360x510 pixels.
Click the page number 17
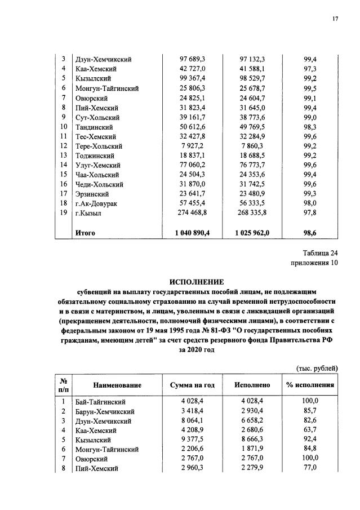pyautogui.click(x=335, y=19)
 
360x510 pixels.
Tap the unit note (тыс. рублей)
pyautogui.click(x=317, y=368)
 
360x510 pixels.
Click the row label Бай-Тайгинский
pyautogui.click(x=99, y=401)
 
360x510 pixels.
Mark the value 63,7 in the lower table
pyautogui.click(x=310, y=429)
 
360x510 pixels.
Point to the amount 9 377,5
pyautogui.click(x=189, y=439)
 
